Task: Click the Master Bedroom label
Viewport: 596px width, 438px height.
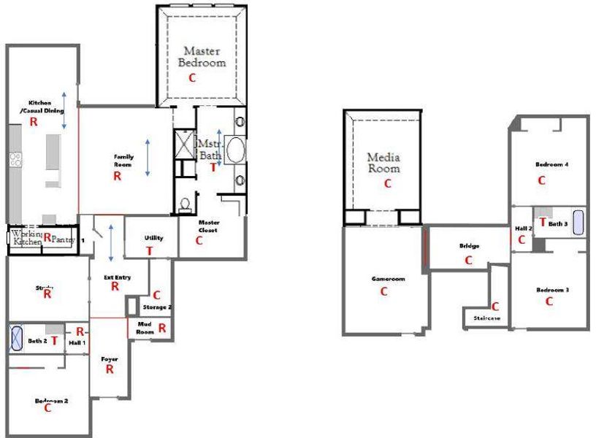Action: coord(202,56)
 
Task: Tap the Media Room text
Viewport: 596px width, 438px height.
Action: coord(383,162)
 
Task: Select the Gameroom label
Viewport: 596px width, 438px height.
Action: coord(388,279)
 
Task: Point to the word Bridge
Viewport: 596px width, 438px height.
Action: coord(469,246)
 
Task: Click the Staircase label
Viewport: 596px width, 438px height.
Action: coord(486,318)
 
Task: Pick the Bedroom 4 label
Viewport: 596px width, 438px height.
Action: coord(551,164)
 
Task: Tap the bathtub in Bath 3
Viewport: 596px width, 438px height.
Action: coord(578,223)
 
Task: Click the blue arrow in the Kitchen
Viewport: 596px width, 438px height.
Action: coord(64,109)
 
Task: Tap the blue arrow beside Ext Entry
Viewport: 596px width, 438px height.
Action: coord(110,244)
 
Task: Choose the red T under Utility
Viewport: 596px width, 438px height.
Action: coord(150,250)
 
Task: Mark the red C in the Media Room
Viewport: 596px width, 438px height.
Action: coord(387,183)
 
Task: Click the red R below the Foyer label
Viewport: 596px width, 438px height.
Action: coord(110,369)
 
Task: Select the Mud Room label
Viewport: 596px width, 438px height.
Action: coord(145,328)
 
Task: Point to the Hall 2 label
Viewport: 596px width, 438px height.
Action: coord(522,228)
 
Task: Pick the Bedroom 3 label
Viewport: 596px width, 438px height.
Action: coord(551,290)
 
